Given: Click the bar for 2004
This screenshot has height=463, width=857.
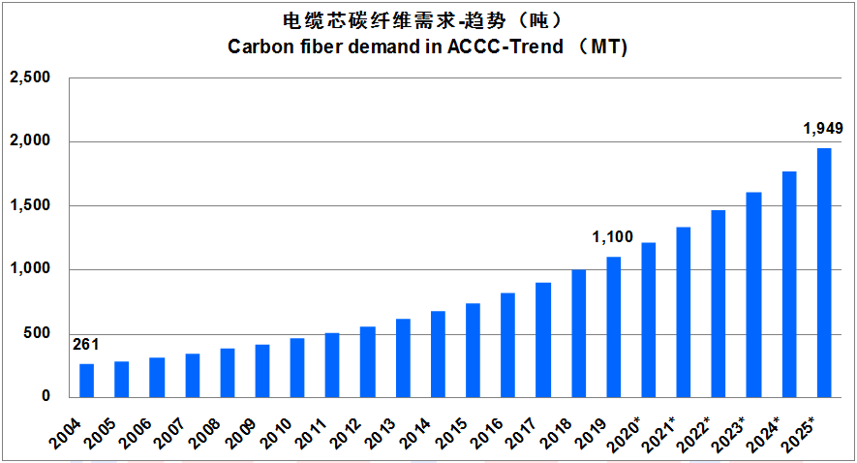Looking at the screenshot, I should (x=87, y=381).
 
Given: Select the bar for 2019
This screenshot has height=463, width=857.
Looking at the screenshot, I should (x=614, y=326).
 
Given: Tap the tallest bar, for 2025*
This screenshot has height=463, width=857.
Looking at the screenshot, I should (x=824, y=272).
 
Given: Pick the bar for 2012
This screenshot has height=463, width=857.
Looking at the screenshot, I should (x=368, y=361).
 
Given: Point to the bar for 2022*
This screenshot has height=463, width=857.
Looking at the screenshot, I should (x=719, y=303).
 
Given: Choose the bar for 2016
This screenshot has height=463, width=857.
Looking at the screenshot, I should (x=508, y=345).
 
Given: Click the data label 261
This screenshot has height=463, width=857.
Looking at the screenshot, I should (x=86, y=345).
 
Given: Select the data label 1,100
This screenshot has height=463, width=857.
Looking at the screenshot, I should (x=612, y=237).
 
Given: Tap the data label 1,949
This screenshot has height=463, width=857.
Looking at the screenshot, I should (x=823, y=128).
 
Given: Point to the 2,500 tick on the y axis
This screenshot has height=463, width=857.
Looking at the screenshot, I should (x=30, y=77).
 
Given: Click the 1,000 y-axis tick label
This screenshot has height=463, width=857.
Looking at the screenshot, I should (x=30, y=270).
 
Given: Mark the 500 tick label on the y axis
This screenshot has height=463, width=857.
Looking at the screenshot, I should (x=36, y=334).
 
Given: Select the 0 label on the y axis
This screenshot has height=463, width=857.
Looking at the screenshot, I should (x=45, y=397).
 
